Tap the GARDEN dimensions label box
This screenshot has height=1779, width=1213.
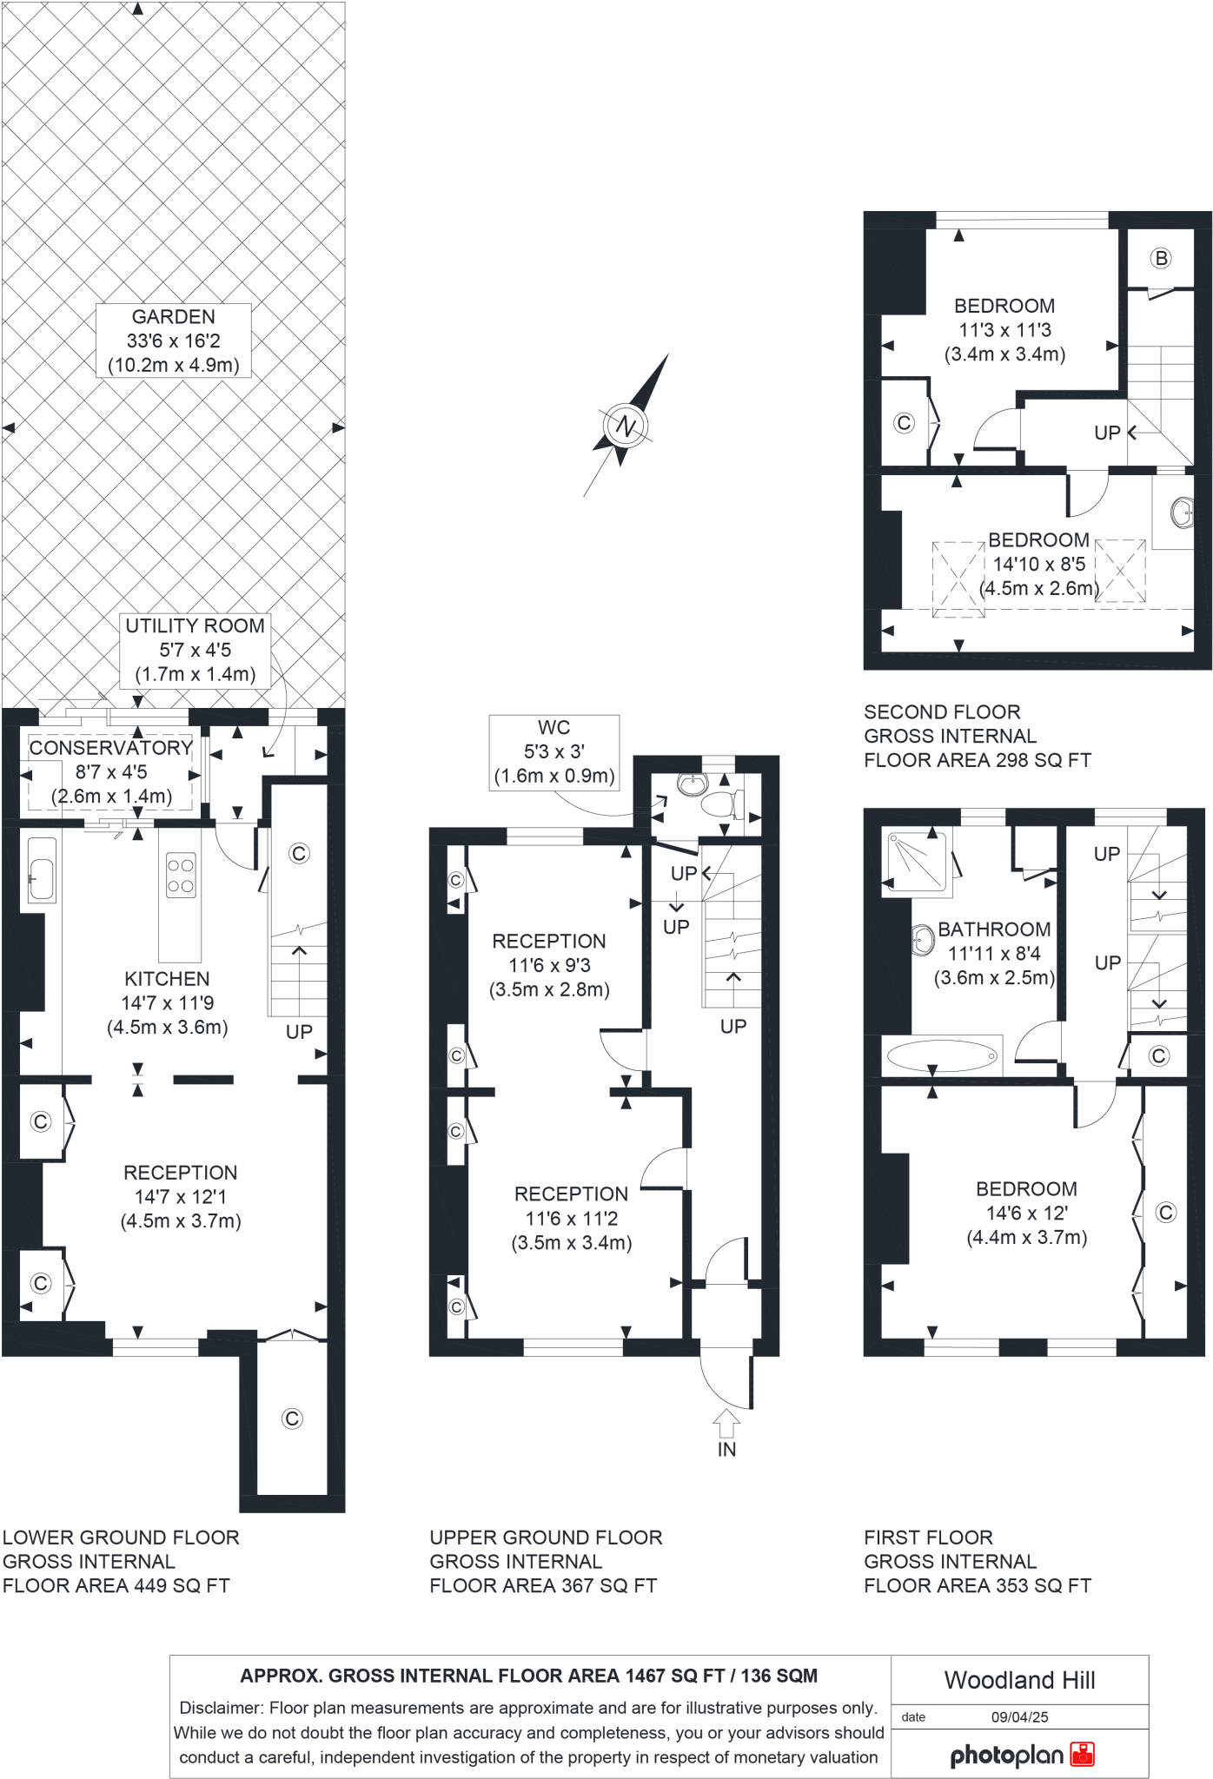point(174,341)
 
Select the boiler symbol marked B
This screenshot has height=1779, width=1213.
point(1161,258)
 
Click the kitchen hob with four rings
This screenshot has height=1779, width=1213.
point(181,876)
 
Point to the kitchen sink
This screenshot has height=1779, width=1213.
point(41,870)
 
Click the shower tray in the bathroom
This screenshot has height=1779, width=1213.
point(915,861)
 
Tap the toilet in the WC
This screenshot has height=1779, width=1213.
point(720,803)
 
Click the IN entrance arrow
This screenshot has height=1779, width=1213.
point(726,1425)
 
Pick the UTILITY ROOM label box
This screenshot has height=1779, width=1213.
point(195,650)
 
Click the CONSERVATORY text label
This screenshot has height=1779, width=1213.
point(111,748)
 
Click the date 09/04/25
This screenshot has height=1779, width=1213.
point(1020,1717)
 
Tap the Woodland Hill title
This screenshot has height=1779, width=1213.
point(1020,1680)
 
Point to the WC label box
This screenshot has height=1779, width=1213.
point(554,752)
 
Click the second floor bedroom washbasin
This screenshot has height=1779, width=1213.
point(1183,512)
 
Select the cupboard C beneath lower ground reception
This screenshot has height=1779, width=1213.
point(292,1419)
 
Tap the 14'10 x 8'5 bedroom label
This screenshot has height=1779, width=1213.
point(1039,564)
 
